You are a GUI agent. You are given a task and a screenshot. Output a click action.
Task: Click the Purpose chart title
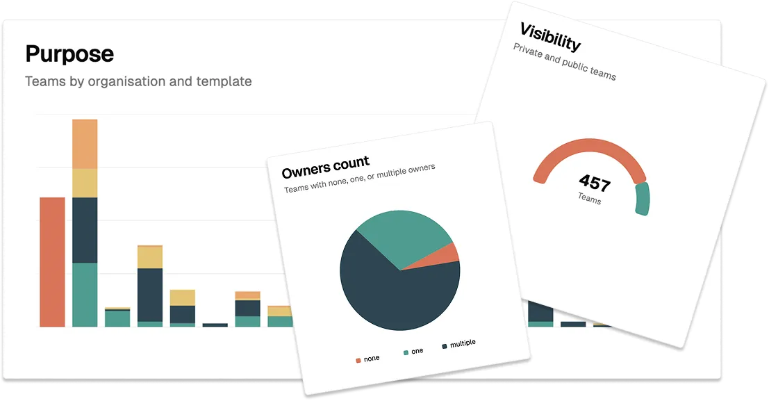(69, 54)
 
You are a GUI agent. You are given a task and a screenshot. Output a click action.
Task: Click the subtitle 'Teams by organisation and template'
(138, 81)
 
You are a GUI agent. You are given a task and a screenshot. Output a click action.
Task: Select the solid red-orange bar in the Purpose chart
(52, 262)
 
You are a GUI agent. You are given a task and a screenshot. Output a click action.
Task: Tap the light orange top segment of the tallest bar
(85, 144)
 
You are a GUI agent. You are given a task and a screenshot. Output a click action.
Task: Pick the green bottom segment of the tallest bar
(85, 295)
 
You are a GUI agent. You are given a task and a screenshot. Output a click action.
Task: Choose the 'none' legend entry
(367, 359)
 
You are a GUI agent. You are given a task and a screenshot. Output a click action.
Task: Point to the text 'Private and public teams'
(564, 62)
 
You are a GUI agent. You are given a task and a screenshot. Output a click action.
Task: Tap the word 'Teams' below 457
(589, 199)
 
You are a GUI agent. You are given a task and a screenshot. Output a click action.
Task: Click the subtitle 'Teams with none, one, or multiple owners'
(359, 179)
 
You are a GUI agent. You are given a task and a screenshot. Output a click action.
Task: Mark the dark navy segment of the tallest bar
(85, 230)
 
